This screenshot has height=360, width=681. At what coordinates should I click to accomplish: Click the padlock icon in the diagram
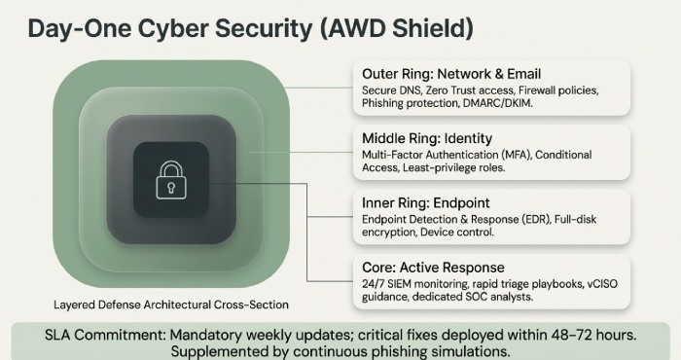170,180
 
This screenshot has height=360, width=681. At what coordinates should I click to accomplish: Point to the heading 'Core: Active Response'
419,267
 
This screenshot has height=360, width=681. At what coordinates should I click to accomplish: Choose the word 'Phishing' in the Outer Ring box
385,102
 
